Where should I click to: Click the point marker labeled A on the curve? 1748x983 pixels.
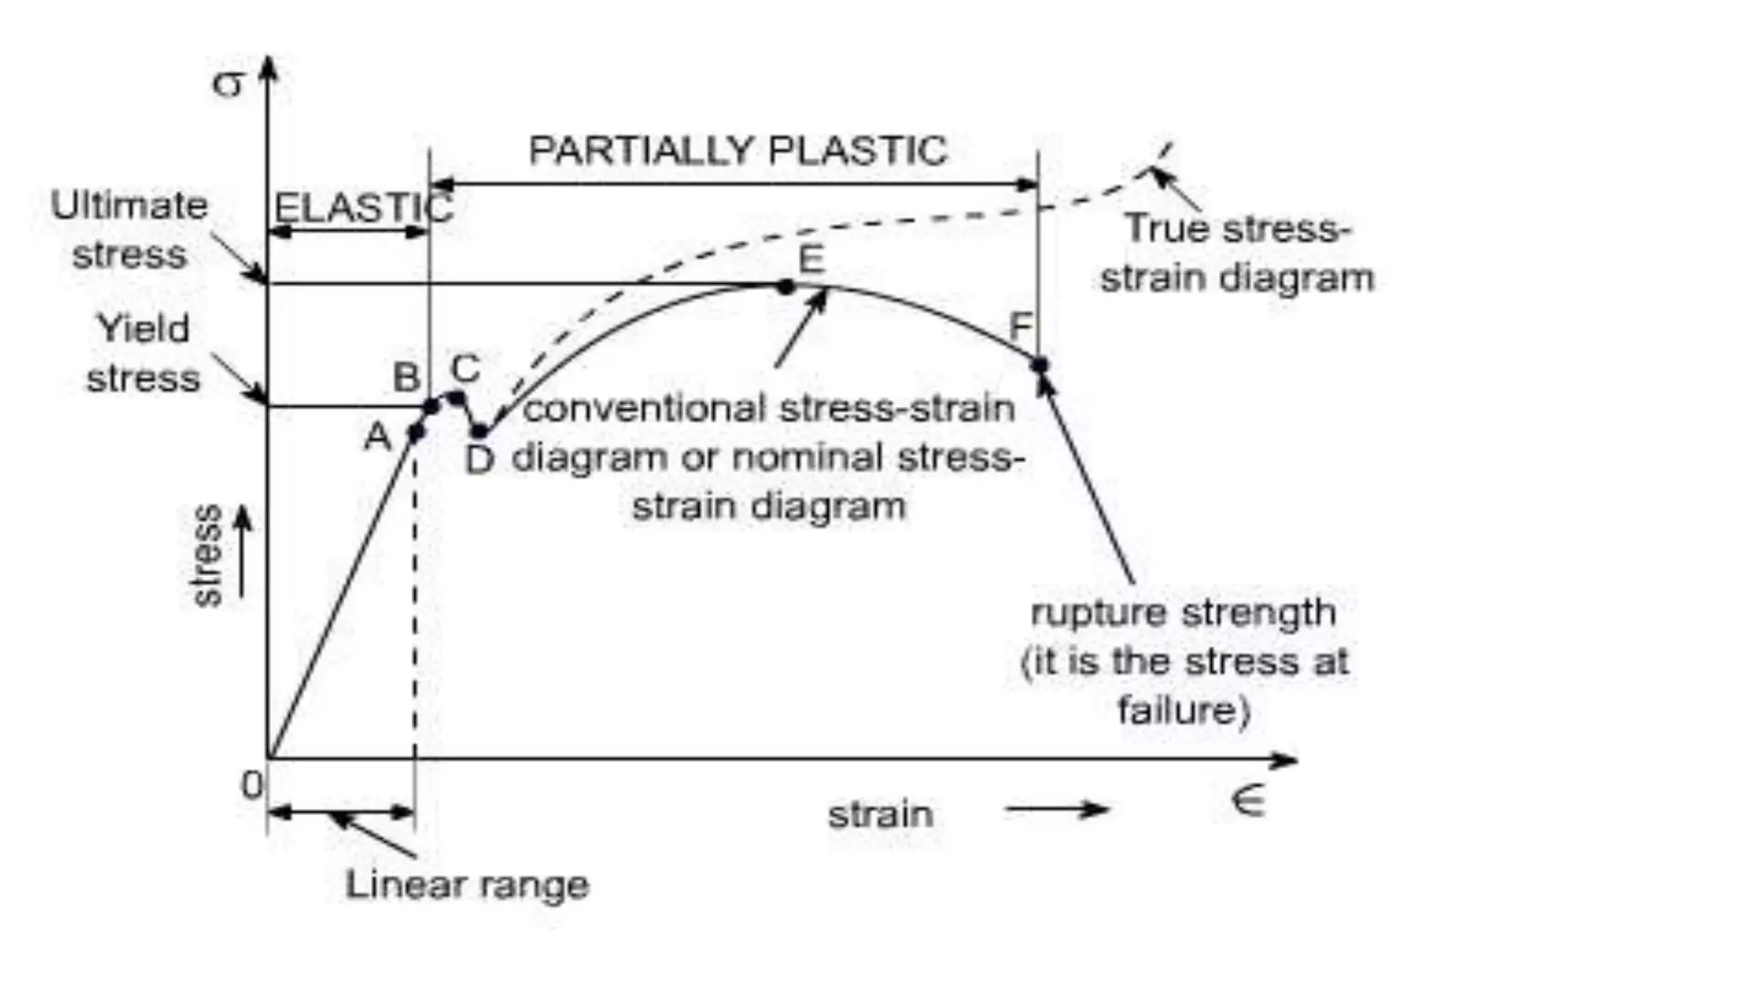[416, 432]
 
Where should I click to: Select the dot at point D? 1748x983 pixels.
[480, 432]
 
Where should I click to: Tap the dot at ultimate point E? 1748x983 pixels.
[786, 288]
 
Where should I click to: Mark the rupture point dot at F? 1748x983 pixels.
[1039, 364]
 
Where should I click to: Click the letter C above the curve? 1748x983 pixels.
[465, 369]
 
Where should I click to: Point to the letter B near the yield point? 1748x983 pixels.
[407, 377]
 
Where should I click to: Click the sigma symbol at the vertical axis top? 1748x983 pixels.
[228, 84]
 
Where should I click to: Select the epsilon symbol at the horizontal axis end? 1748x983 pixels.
[1248, 800]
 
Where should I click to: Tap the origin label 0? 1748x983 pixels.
[252, 785]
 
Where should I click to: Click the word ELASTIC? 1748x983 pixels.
[363, 207]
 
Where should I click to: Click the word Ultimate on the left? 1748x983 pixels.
[129, 206]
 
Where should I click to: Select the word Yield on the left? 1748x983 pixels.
[143, 329]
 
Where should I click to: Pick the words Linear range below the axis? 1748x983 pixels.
[467, 885]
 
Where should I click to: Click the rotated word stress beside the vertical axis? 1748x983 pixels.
[207, 555]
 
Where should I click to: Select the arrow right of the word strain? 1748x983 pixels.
[1057, 810]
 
